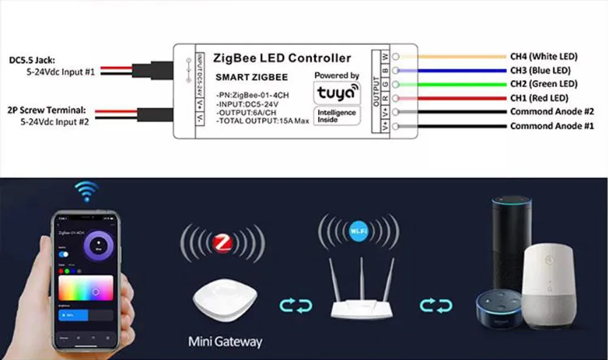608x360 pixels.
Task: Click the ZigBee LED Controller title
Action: [x=282, y=58]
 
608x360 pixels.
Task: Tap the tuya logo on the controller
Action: [x=336, y=93]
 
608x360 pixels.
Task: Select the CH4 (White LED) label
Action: [x=544, y=57]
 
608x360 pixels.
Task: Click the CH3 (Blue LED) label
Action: [x=541, y=70]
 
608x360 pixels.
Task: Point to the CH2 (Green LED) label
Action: [x=544, y=84]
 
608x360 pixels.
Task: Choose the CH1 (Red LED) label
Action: [x=539, y=98]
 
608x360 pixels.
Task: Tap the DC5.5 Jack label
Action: [x=32, y=60]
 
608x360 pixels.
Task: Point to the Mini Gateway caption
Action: [x=225, y=341]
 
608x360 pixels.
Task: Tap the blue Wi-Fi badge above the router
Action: [x=358, y=231]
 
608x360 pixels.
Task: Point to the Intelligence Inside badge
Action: [x=336, y=116]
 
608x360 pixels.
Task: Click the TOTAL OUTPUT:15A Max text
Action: [x=263, y=121]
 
